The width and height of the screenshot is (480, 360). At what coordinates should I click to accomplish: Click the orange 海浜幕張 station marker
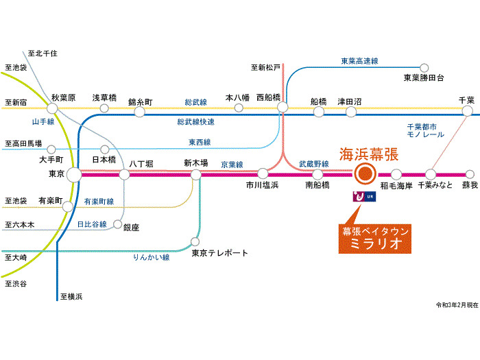click(364, 174)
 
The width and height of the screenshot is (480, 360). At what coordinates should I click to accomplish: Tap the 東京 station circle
click(73, 174)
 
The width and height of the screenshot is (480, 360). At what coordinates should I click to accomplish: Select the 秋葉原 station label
click(63, 97)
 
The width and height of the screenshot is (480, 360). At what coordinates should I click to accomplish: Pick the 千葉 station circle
click(468, 110)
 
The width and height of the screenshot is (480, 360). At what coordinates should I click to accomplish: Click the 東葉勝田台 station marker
click(424, 67)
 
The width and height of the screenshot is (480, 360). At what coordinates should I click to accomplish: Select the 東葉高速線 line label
click(359, 61)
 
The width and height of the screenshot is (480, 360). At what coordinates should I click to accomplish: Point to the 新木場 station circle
click(196, 174)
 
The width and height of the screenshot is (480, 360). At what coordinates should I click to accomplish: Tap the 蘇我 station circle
click(469, 174)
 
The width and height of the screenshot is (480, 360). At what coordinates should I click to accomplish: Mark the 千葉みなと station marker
click(431, 174)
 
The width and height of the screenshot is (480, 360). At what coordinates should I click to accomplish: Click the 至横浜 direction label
click(71, 296)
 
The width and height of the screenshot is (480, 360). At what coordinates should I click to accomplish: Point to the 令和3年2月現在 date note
click(455, 304)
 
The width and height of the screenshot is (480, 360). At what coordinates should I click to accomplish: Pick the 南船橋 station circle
click(317, 174)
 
